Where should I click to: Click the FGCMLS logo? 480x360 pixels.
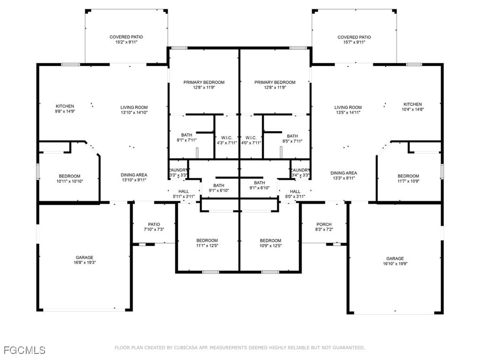tap(24, 350)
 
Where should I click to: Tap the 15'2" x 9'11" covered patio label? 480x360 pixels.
tap(126, 39)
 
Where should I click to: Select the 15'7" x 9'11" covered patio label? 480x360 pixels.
tap(354, 39)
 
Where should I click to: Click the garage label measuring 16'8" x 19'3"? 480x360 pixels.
tap(84, 260)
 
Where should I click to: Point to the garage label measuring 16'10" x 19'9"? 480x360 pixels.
tap(395, 261)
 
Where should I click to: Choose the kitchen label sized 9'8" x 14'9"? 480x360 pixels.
tap(65, 109)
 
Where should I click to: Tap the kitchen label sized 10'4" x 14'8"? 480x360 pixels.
tap(412, 106)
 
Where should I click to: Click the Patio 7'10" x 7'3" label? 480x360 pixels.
tap(154, 227)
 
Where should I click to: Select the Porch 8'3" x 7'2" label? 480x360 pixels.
tap(324, 227)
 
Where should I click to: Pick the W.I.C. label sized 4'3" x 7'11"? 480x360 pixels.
tap(226, 140)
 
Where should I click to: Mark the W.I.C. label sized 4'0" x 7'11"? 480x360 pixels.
tap(250, 140)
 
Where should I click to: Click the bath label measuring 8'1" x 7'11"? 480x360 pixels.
tap(187, 137)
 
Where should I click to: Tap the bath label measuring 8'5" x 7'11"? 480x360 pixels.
tap(292, 138)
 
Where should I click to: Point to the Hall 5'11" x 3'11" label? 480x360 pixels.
tap(183, 194)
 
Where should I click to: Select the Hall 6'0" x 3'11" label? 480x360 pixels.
tap(295, 194)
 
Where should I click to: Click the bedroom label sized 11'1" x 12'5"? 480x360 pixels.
tap(207, 243)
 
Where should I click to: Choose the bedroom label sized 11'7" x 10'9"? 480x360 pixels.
tap(408, 179)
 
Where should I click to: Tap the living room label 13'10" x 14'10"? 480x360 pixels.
tap(134, 110)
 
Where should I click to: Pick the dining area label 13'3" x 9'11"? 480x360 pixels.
tap(344, 175)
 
